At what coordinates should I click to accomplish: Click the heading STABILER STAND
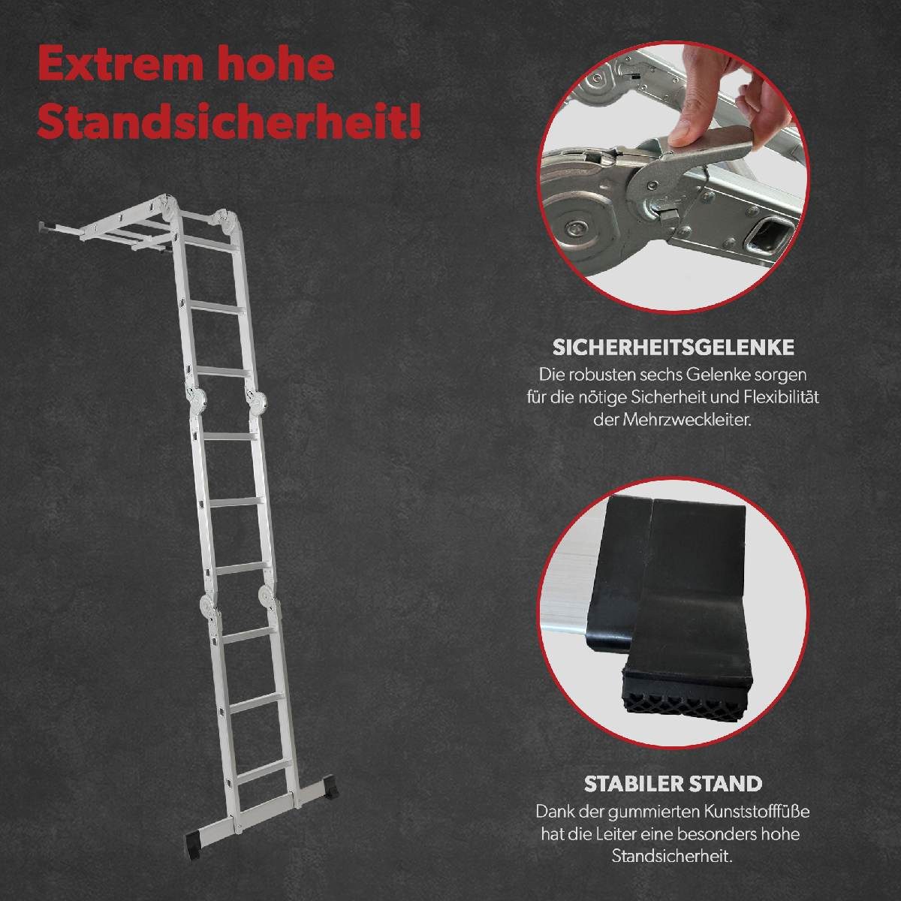coord(673,784)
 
